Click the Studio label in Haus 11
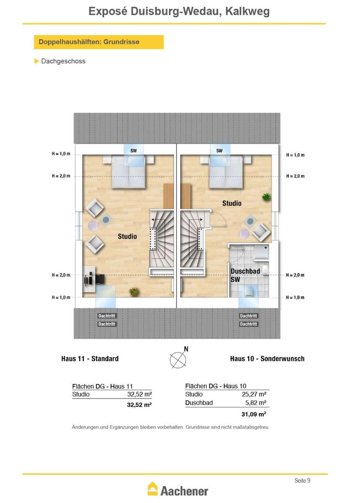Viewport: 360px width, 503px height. click(127, 236)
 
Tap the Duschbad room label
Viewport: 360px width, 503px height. click(245, 271)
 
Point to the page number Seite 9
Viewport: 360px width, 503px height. click(302, 480)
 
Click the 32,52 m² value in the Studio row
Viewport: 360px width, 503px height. click(139, 394)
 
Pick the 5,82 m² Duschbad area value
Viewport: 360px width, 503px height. click(256, 403)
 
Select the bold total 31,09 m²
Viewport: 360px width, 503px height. click(254, 414)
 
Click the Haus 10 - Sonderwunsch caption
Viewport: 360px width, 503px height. click(267, 359)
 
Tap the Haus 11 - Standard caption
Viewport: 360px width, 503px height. click(90, 359)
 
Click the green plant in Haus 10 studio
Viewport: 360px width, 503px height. click(266, 197)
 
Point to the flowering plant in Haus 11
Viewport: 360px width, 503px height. click(134, 292)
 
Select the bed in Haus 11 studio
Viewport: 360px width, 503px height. click(129, 172)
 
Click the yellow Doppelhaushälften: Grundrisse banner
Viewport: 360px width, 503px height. click(99, 42)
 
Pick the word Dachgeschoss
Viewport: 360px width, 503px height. click(63, 61)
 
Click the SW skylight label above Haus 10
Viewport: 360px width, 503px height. click(219, 150)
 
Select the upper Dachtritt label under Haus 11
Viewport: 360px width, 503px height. click(107, 316)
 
